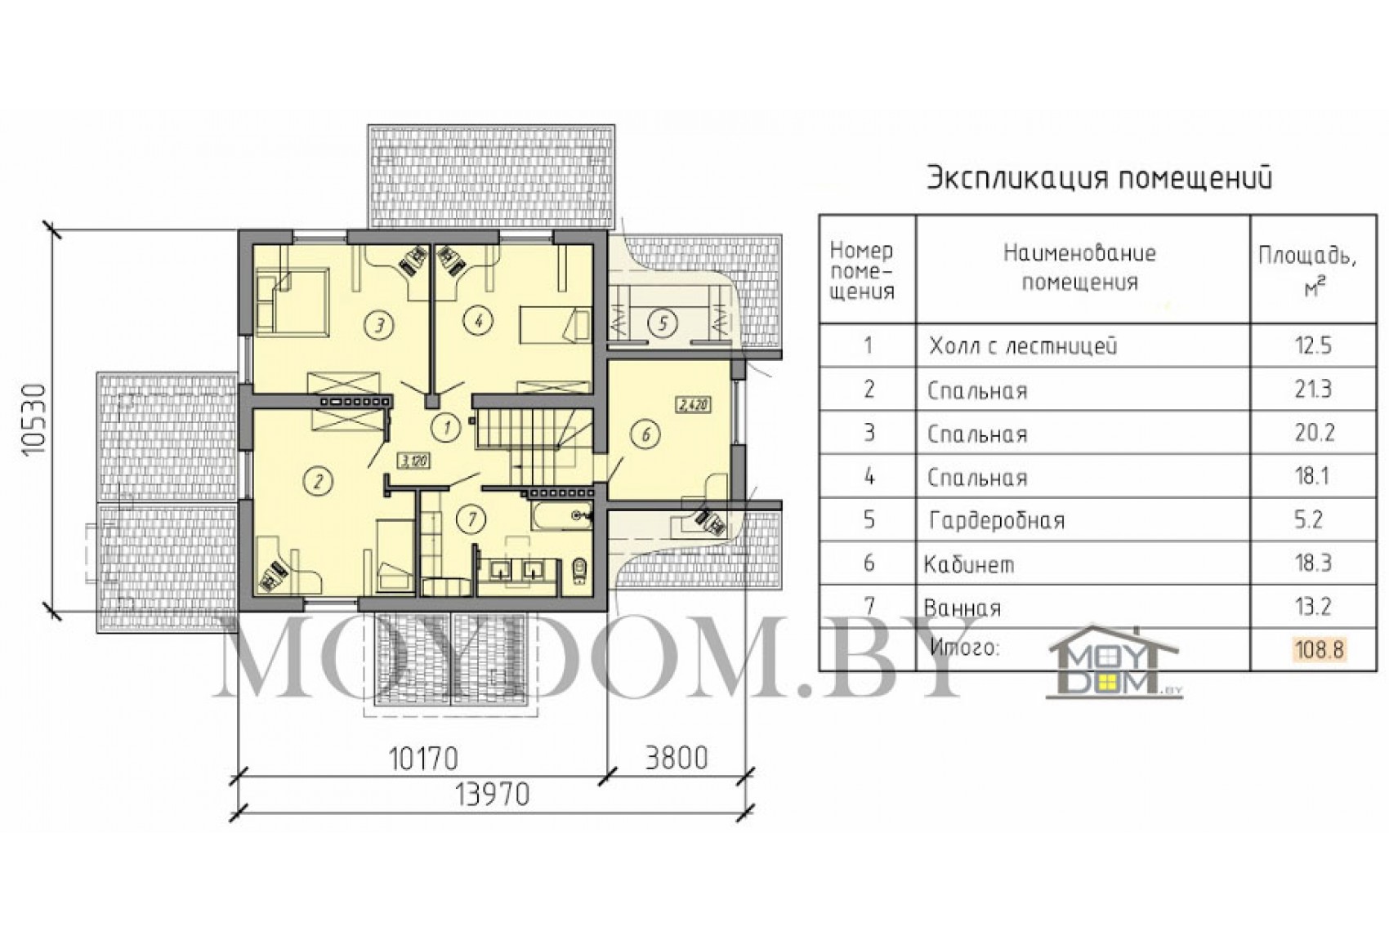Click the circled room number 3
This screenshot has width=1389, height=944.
(x=380, y=323)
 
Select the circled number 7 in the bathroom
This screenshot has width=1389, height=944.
(x=471, y=519)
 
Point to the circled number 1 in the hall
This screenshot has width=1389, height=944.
(x=446, y=426)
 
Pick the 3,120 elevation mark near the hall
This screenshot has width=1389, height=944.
(x=413, y=461)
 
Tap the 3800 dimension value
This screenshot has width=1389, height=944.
(x=676, y=758)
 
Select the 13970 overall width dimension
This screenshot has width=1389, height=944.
(x=493, y=795)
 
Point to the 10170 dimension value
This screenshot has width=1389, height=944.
(x=423, y=758)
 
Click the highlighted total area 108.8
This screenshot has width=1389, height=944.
(x=1319, y=649)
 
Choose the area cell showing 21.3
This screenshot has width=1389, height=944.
(x=1313, y=390)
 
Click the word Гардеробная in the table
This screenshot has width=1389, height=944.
(x=997, y=520)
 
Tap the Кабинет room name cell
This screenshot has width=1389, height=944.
(x=969, y=564)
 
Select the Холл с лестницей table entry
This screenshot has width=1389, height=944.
(x=1022, y=345)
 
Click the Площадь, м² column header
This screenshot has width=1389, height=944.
(x=1307, y=271)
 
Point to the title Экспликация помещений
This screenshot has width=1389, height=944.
(x=1100, y=178)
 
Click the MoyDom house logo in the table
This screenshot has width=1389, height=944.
(x=1114, y=661)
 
